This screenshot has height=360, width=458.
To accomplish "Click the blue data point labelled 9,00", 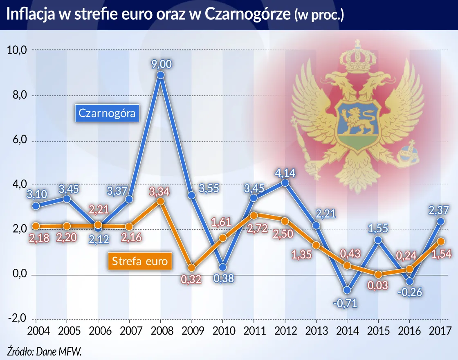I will pyautogui.click(x=161, y=75).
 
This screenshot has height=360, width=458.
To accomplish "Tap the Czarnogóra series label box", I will pyautogui.click(x=108, y=114).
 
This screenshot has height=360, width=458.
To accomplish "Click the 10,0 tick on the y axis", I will pyautogui.click(x=17, y=50).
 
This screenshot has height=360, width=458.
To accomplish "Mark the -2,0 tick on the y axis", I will pyautogui.click(x=17, y=319).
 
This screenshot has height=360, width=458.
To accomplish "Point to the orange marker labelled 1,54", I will pyautogui.click(x=441, y=241).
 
